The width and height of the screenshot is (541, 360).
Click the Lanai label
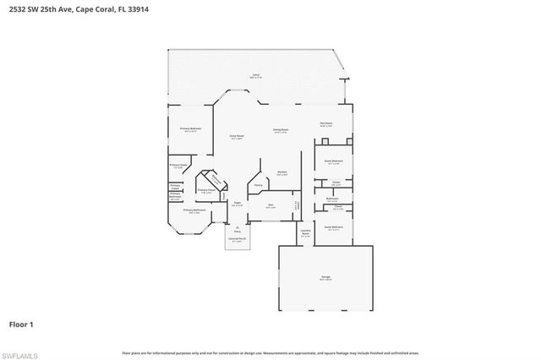255,76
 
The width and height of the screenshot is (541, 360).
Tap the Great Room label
237,136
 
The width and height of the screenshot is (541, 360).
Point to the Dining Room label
281,131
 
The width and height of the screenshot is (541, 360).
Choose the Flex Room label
325,123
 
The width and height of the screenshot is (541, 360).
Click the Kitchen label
282,172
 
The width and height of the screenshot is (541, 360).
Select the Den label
270,205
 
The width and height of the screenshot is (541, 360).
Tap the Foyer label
238,205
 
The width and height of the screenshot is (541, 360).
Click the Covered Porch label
238,240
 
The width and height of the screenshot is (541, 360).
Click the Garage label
325,277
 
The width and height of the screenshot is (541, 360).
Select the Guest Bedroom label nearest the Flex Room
333,161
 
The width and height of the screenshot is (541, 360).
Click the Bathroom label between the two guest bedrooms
333,199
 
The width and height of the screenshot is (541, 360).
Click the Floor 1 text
22,324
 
